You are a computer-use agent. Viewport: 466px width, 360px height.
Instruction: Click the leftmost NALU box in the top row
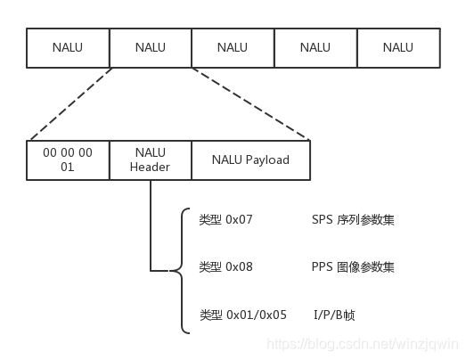68,47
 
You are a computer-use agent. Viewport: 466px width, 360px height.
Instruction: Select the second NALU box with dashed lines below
150,47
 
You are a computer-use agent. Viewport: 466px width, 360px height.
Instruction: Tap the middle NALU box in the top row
233,47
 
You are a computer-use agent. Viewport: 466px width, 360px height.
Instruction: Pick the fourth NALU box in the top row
315,47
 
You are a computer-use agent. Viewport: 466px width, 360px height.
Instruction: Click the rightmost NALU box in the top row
397,47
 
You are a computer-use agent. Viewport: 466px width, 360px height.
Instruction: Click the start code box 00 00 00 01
68,160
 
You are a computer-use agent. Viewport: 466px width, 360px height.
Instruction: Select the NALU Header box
150,160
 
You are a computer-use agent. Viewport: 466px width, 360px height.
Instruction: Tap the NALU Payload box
250,160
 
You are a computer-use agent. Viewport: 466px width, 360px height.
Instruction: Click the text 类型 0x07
226,219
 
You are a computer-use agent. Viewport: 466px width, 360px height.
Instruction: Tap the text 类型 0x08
226,267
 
